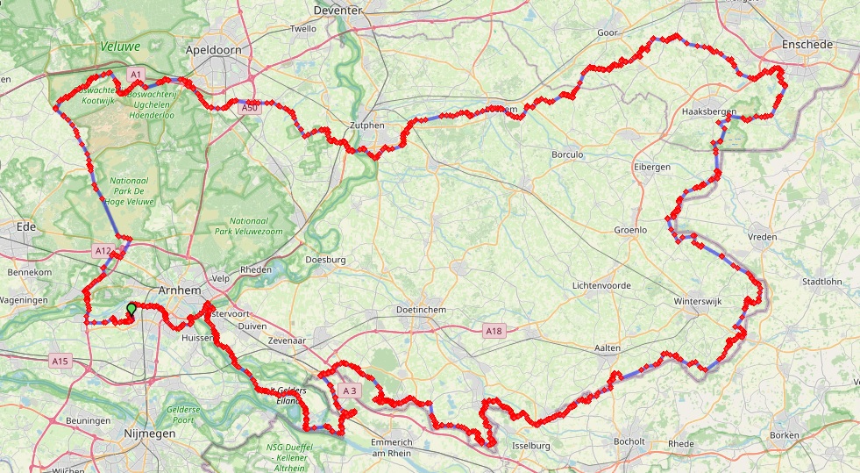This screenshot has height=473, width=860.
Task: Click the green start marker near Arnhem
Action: pos(131,309)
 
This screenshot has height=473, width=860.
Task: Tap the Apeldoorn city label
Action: pos(213,50)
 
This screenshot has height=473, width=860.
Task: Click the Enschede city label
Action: pos(807,44)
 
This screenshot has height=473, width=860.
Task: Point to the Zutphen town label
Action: pos(367,125)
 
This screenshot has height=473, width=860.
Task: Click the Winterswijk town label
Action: pos(697,301)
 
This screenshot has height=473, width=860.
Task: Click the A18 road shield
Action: pos(494,331)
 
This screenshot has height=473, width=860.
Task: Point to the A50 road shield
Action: pos(249,107)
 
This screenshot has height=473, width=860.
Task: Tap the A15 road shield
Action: pos(60,361)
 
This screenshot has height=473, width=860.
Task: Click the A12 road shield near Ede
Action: pos(103,251)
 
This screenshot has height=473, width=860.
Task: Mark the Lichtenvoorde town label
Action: pos(601,286)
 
